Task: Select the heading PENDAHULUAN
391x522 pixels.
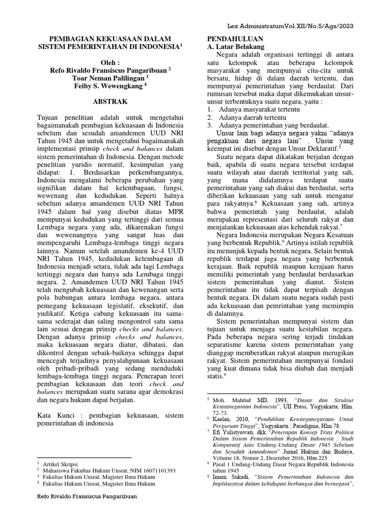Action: [235, 39]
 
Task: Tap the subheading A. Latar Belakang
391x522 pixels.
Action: [235, 46]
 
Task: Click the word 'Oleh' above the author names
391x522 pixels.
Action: [109, 63]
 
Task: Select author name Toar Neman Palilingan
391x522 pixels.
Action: [106, 78]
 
